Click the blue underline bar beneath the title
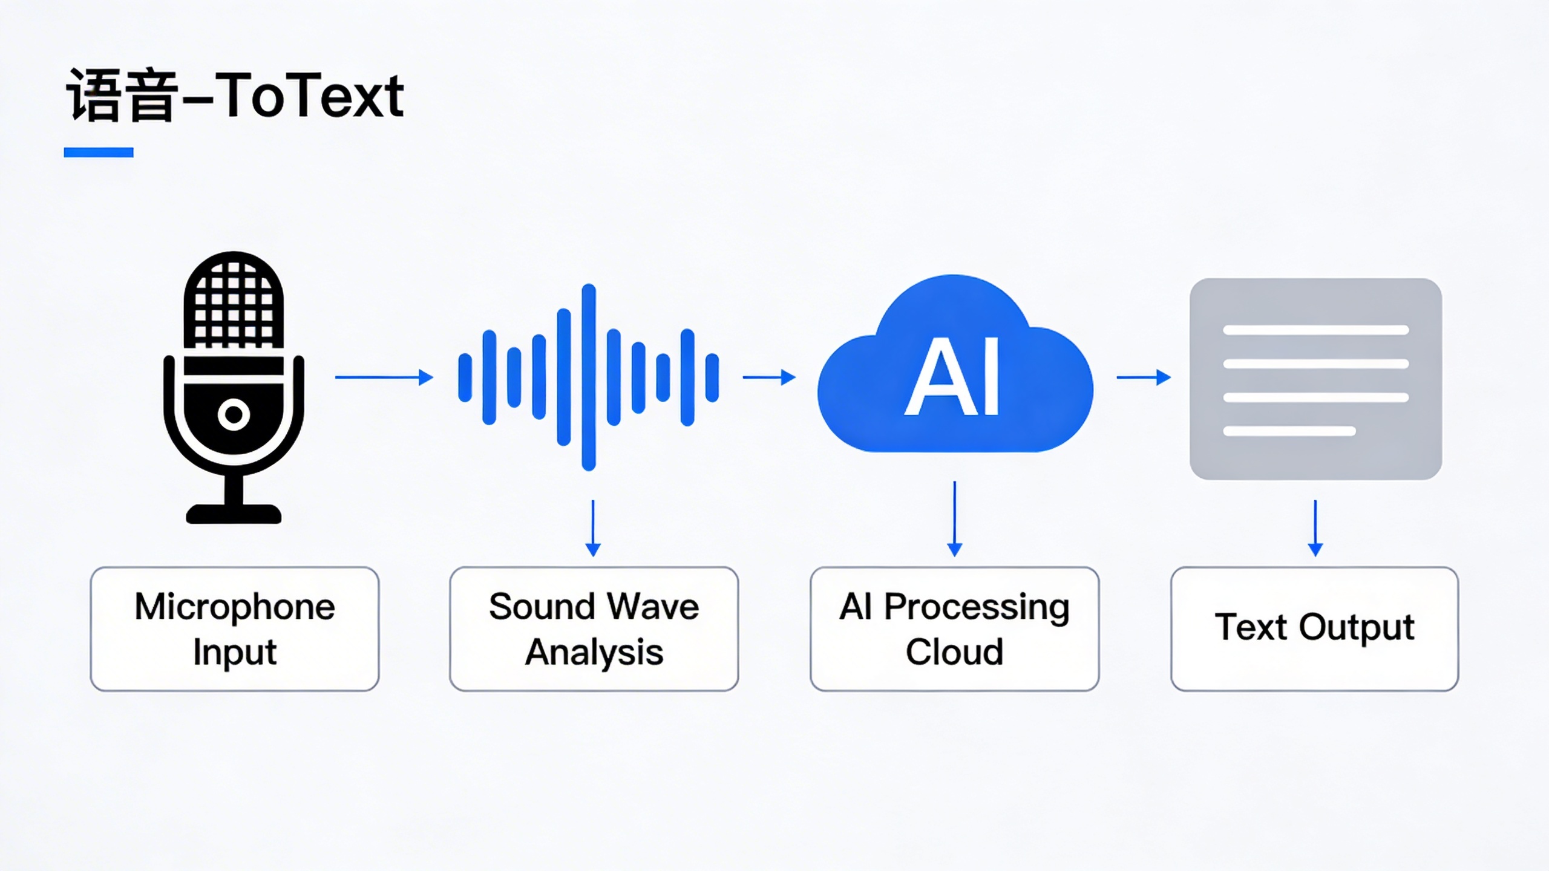point(99,152)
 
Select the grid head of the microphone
point(234,300)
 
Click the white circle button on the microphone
point(234,415)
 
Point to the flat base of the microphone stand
point(234,514)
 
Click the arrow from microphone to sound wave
point(384,377)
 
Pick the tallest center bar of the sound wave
point(589,377)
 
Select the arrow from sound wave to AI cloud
point(769,377)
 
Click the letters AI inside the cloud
point(952,377)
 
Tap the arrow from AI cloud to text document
point(1144,377)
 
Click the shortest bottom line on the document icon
point(1289,431)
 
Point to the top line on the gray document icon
point(1316,330)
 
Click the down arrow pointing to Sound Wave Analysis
point(593,528)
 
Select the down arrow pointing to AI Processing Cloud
point(955,519)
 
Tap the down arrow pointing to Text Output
point(1315,528)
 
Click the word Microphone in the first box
point(235,607)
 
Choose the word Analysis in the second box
point(594,653)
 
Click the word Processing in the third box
point(977,607)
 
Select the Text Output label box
point(1315,629)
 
